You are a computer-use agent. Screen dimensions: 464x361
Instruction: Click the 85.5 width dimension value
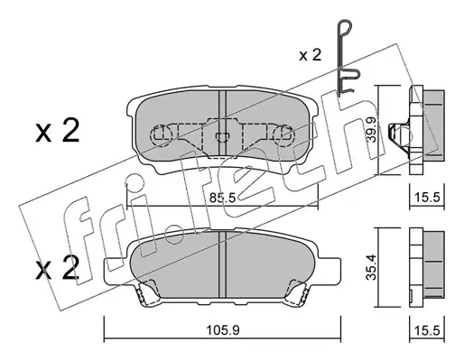click(222, 198)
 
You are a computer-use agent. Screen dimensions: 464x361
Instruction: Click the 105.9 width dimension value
click(223, 331)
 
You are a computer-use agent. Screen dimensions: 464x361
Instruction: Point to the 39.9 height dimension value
click(373, 130)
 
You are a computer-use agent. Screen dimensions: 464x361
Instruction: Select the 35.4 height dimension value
click(372, 267)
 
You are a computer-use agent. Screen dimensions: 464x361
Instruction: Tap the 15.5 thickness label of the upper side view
click(428, 198)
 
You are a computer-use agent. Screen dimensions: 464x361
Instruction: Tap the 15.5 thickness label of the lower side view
click(428, 330)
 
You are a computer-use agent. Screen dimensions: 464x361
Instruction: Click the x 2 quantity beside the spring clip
click(311, 55)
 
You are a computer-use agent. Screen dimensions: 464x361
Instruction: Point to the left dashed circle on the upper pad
click(161, 135)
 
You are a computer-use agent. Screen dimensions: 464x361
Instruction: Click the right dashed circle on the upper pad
click(283, 135)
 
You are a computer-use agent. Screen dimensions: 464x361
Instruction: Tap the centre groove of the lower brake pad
click(222, 264)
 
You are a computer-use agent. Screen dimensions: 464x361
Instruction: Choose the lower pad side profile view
click(427, 268)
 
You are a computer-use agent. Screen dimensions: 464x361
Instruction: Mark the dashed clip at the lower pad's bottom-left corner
click(146, 292)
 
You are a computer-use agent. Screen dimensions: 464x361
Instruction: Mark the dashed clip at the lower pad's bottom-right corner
click(297, 292)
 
